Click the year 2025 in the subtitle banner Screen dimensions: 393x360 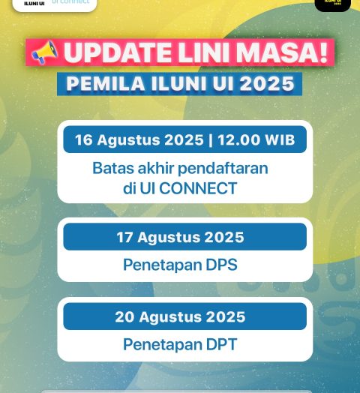(265, 83)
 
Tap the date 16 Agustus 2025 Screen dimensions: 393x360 (139, 140)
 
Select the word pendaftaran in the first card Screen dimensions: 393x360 (228, 168)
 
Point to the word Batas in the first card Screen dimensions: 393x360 (112, 168)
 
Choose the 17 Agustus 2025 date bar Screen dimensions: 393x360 (184, 237)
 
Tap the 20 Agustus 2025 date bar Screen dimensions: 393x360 (184, 316)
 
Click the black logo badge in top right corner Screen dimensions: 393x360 (332, 4)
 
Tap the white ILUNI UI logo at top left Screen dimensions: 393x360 (54, 4)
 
